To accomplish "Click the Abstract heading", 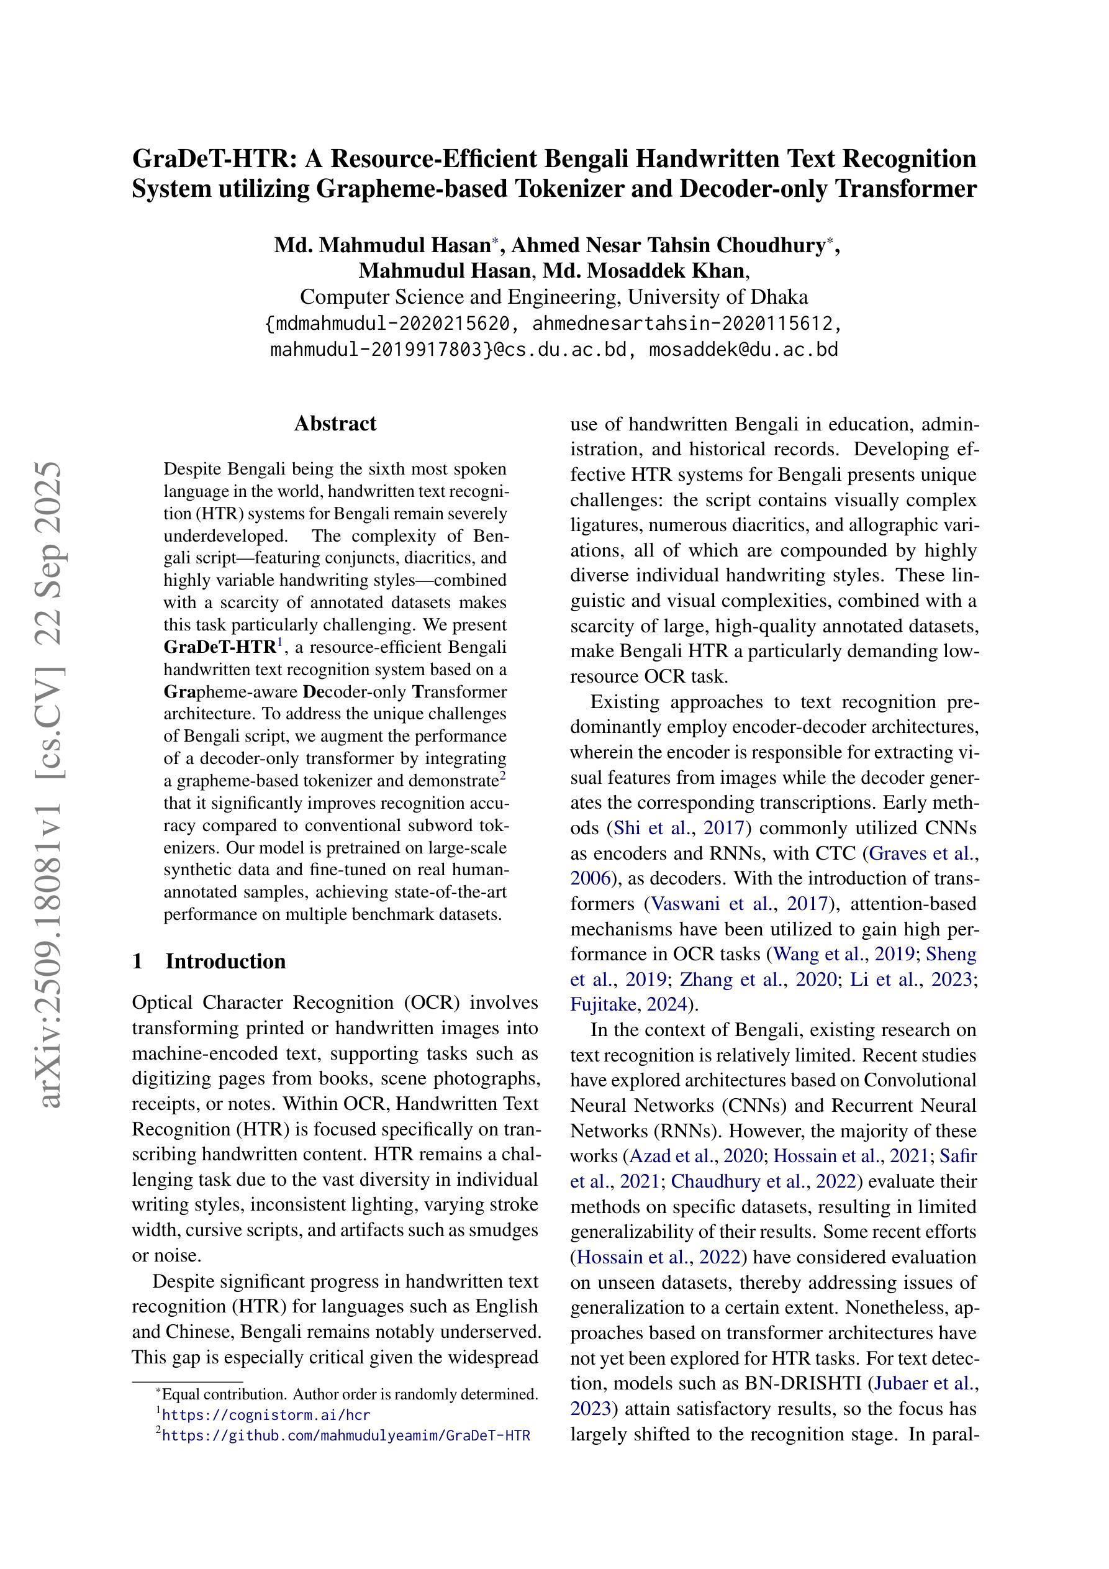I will [x=335, y=424].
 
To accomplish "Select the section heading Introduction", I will [x=225, y=961].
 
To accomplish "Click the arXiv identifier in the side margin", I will [x=52, y=786].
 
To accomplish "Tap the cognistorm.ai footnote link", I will [x=266, y=1414].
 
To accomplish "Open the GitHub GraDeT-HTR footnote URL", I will [x=346, y=1435].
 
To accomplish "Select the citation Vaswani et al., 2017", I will [x=740, y=904].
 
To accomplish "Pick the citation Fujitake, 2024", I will [x=628, y=1004].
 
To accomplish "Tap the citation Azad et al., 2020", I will [x=695, y=1156].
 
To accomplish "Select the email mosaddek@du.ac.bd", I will [x=743, y=349].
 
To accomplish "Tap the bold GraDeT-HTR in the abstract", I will [x=219, y=647].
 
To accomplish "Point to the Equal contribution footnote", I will [x=348, y=1394].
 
